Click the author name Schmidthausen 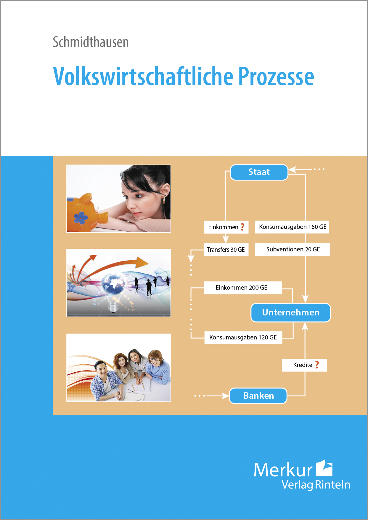pos(91,42)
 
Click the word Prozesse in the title pos(276,76)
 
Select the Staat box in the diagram pos(259,172)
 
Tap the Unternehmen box pos(291,312)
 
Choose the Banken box pos(258,396)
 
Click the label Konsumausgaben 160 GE pos(292,227)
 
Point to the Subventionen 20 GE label pos(293,249)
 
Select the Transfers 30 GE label pos(226,250)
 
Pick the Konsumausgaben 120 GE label pos(243,337)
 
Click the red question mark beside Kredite pos(317,365)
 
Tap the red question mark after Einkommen pos(242,227)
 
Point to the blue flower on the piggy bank pos(80,218)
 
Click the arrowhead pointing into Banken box pos(226,396)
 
